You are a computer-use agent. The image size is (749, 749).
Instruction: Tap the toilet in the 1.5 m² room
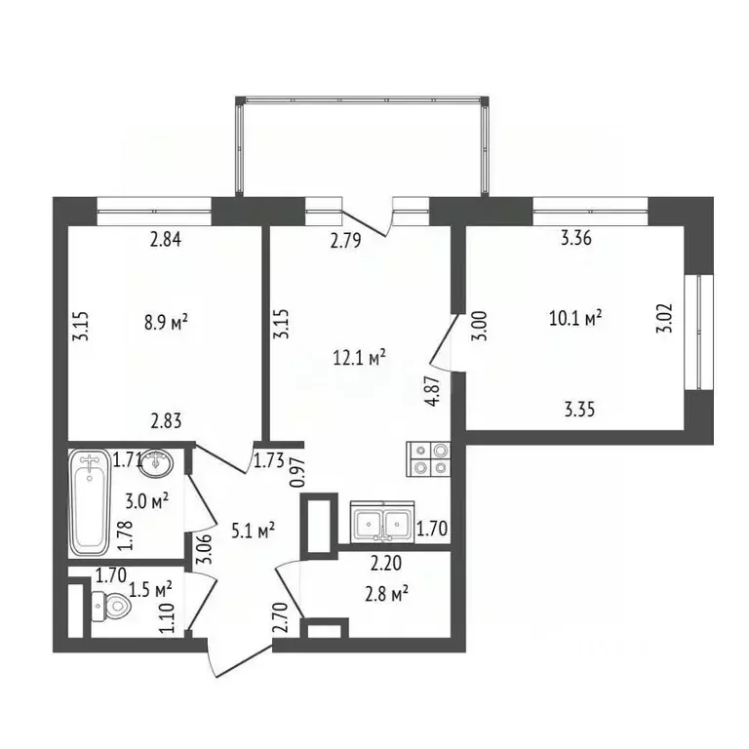coord(109,608)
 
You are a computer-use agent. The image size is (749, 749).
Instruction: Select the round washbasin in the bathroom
coord(155,465)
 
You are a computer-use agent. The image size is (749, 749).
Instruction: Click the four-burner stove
coord(429,459)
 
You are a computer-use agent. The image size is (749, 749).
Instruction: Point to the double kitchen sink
coord(384,524)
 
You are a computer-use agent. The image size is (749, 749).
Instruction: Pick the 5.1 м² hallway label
coord(252,532)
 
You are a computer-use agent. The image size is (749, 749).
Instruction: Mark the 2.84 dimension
coord(166,240)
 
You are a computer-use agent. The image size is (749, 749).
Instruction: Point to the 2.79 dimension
coord(346,242)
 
